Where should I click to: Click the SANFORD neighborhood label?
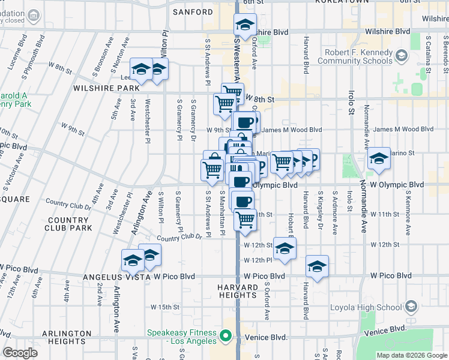tap(193, 12)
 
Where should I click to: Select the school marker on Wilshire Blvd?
tap(245, 26)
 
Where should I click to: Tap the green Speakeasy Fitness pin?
tap(226, 337)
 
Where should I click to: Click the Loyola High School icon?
tap(411, 307)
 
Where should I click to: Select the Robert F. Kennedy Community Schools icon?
tap(402, 57)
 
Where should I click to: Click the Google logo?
tap(20, 353)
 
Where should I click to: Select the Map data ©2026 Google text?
tap(411, 355)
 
